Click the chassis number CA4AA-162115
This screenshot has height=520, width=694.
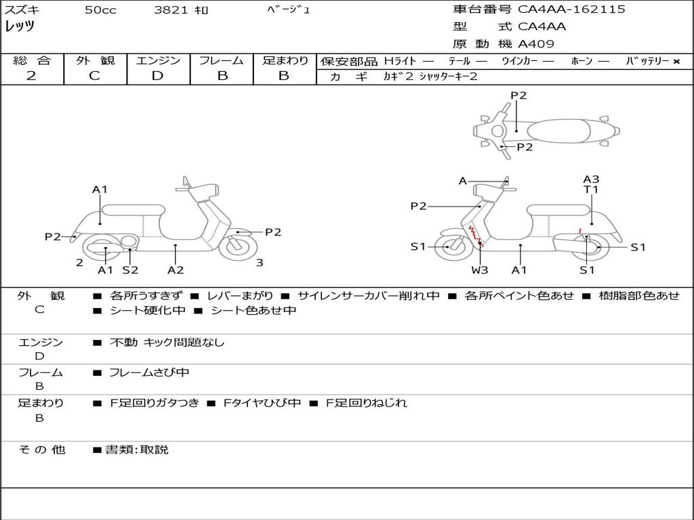tap(571, 9)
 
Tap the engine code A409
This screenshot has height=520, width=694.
tap(535, 44)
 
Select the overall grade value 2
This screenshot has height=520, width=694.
tap(31, 76)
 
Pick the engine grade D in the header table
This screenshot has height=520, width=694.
tap(157, 76)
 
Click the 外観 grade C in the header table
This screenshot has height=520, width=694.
tap(94, 76)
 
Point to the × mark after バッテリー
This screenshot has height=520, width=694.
tap(676, 62)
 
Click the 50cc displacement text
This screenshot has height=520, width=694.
tap(100, 10)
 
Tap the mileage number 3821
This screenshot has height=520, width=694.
tap(171, 10)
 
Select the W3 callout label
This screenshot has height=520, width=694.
tap(479, 269)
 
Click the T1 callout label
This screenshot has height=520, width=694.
tap(591, 190)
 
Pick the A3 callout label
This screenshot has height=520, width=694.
tap(591, 179)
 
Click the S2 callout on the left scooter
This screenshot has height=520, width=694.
tap(130, 269)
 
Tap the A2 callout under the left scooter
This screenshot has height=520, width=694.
tap(176, 269)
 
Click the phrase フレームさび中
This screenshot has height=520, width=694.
tap(149, 372)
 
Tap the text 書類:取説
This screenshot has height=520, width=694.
tap(137, 450)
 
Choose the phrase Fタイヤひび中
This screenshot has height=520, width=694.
tap(262, 403)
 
